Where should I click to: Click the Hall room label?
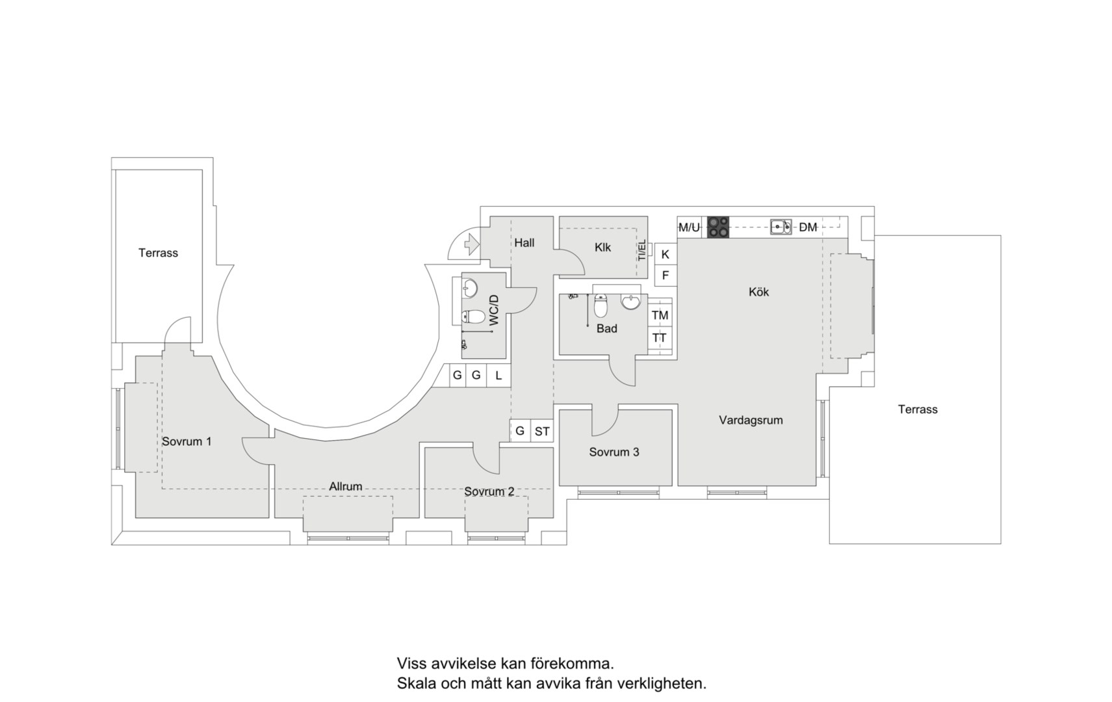(x=524, y=242)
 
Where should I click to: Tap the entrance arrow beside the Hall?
(x=472, y=244)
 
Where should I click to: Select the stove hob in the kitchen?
(x=718, y=227)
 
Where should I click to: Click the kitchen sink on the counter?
(x=781, y=227)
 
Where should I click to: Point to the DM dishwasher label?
(x=808, y=227)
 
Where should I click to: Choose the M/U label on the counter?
(x=689, y=227)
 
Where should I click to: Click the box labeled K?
(x=666, y=254)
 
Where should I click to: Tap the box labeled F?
(x=666, y=276)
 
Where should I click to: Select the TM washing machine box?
(x=660, y=315)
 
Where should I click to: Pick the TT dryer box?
(x=660, y=338)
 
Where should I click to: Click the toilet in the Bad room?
(x=601, y=305)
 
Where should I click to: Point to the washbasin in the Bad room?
(x=631, y=302)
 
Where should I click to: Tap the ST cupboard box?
(x=542, y=431)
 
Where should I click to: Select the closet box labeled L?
(x=499, y=376)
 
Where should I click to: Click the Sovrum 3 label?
(x=614, y=452)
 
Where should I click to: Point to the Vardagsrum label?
(x=751, y=421)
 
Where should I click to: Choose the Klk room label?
(x=602, y=247)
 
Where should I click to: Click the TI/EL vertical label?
(x=642, y=250)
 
